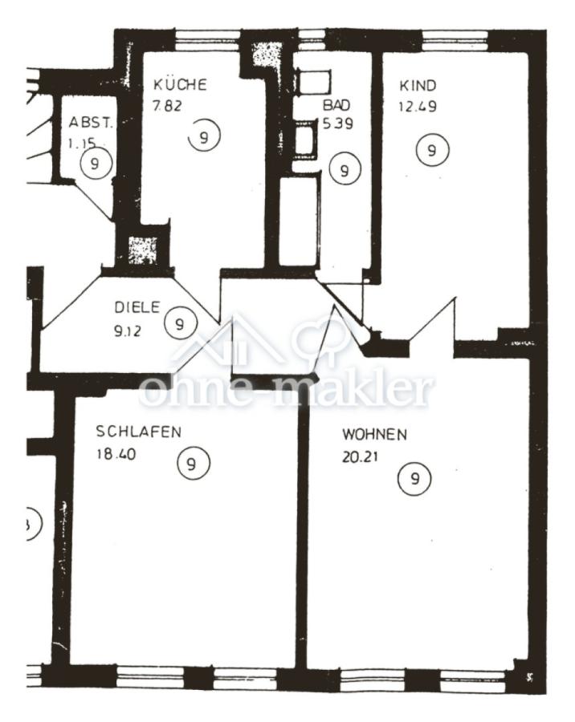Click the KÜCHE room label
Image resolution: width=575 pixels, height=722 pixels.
click(x=180, y=85)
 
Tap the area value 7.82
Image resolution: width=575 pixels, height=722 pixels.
click(x=167, y=106)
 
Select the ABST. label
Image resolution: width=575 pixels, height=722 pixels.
click(x=91, y=123)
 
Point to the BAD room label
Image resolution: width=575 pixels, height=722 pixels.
click(x=336, y=105)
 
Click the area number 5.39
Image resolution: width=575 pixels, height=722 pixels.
click(x=338, y=124)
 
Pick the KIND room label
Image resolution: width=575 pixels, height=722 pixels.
click(x=418, y=86)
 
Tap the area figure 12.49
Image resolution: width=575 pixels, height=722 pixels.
click(x=418, y=107)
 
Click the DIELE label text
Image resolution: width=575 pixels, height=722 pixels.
click(x=137, y=307)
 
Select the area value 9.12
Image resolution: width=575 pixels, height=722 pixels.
click(x=127, y=331)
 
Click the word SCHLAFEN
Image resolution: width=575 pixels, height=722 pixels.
click(x=138, y=432)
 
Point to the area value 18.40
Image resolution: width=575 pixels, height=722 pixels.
click(x=116, y=454)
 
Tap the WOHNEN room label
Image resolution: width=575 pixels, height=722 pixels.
click(x=374, y=434)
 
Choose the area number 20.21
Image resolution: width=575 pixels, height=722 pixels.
click(x=360, y=456)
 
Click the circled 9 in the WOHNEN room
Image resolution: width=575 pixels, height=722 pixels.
click(x=414, y=479)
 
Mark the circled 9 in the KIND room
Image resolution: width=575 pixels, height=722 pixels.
click(x=431, y=150)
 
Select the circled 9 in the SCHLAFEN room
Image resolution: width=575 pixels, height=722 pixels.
click(x=194, y=463)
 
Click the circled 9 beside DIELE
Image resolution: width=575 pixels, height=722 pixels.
click(x=181, y=324)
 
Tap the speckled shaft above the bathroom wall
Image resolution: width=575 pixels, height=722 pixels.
click(x=267, y=56)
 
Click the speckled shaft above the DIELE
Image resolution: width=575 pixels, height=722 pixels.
click(x=142, y=250)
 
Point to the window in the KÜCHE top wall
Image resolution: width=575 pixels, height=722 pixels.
click(x=208, y=39)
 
